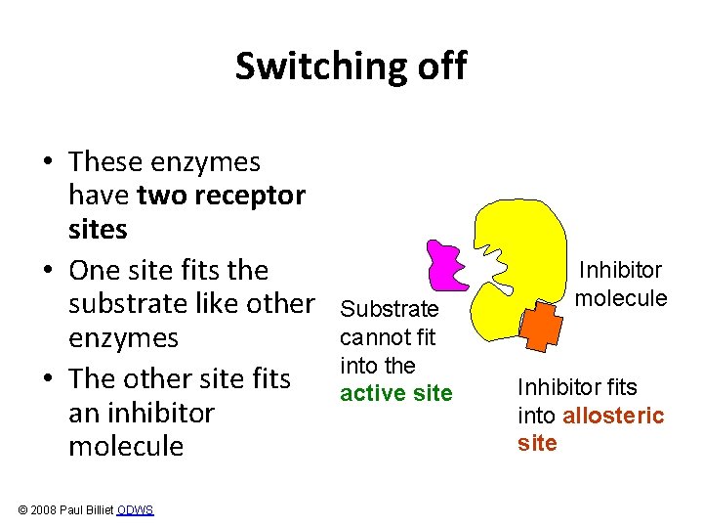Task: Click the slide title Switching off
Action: point(351,66)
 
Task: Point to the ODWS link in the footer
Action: point(135,510)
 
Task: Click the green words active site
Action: point(395,393)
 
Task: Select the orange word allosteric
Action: point(613,417)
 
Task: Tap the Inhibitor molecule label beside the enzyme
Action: point(620,284)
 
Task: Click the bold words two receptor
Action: point(222,196)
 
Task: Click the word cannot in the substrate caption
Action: point(372,338)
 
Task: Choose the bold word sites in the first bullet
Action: point(98,230)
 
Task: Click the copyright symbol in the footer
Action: point(22,510)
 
